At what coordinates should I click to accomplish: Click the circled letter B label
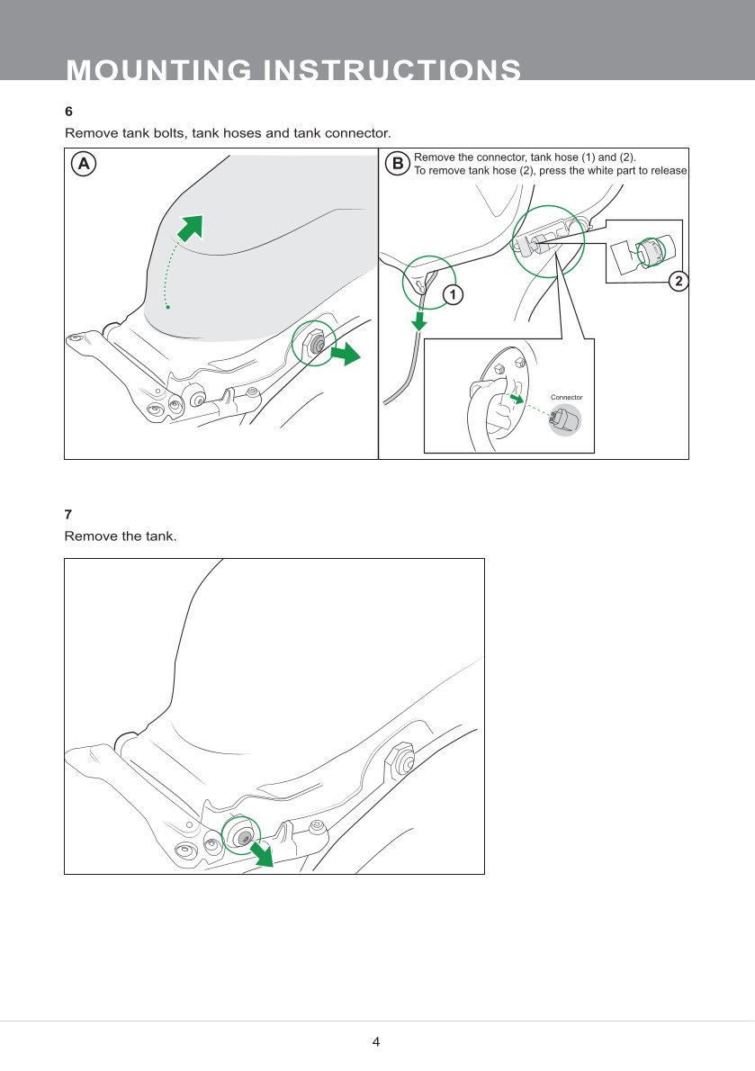click(x=397, y=164)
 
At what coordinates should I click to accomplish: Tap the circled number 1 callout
click(x=454, y=294)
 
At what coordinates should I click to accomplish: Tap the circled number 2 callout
click(x=679, y=282)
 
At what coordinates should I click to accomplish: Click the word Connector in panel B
click(x=566, y=397)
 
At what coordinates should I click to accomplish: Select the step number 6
click(x=68, y=112)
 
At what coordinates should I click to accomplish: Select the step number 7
click(x=68, y=514)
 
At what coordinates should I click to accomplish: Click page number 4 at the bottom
click(x=376, y=1042)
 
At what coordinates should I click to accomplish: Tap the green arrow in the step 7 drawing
click(x=262, y=853)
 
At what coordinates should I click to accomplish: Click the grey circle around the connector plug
click(x=565, y=419)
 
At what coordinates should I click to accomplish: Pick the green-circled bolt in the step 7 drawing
click(x=241, y=836)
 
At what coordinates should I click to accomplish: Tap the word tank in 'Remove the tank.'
click(x=156, y=536)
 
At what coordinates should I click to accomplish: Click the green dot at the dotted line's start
click(x=167, y=307)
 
